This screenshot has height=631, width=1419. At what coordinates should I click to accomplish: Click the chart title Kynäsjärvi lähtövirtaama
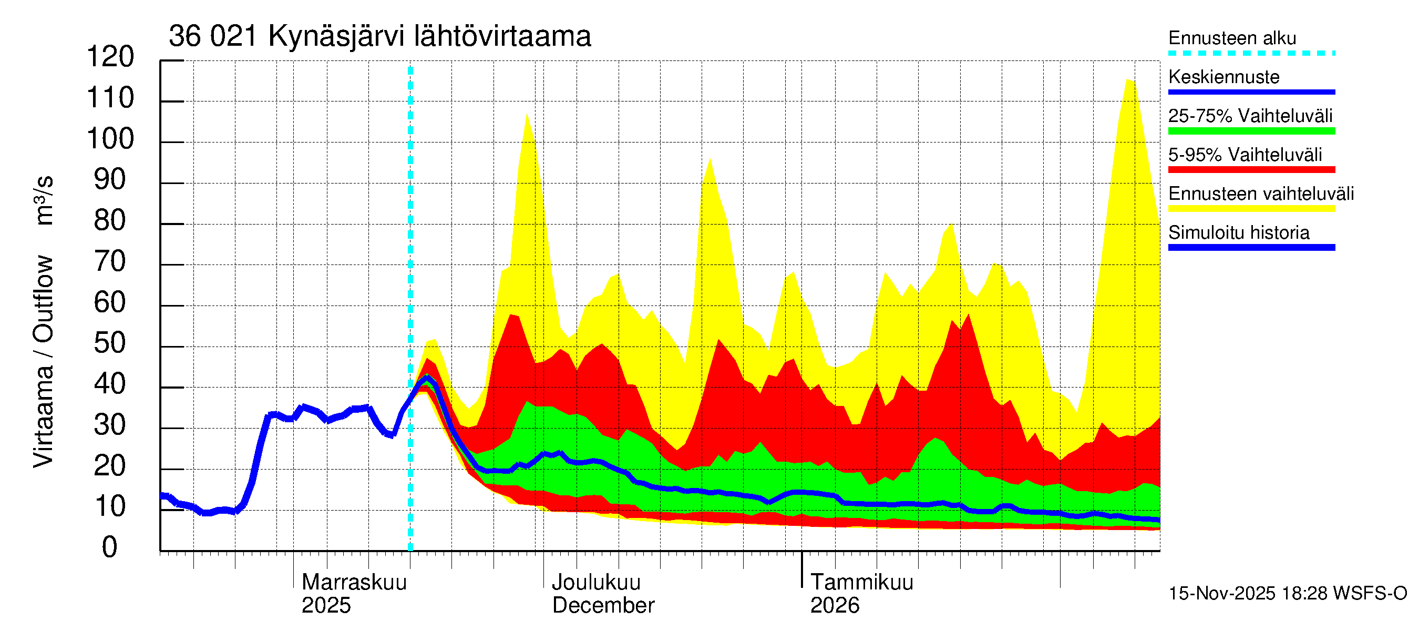coord(379,36)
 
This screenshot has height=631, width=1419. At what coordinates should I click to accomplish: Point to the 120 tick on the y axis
coord(110,57)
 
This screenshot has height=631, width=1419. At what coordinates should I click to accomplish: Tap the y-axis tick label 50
coord(110,344)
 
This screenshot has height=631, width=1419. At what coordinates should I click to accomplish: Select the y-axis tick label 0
coord(110,548)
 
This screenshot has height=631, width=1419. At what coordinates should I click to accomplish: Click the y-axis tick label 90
coord(110,180)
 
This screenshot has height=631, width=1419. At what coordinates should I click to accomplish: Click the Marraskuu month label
coord(354,583)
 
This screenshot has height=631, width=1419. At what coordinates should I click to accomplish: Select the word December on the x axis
coord(603,606)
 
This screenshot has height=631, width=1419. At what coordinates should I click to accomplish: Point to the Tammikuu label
coord(861,583)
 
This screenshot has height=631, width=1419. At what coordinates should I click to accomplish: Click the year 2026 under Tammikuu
coord(835,606)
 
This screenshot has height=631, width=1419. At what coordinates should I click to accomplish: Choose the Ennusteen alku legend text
coord(1232,38)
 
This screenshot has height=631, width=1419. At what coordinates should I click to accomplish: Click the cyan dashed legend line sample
coord(1251,54)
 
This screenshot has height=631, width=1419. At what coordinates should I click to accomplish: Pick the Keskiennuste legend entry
coord(1224,77)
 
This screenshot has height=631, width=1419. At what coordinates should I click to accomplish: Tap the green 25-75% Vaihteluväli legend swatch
coord(1251,131)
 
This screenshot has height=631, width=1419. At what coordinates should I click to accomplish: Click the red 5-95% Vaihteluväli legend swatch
coord(1251,170)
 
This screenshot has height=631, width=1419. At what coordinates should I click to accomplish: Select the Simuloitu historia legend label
coord(1239,232)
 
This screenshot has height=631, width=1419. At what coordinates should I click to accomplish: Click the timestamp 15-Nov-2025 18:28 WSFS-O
coord(1287,594)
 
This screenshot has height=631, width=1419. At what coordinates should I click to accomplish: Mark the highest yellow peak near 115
coord(1129,81)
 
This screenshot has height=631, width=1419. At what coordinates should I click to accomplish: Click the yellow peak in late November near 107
coord(527,115)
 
